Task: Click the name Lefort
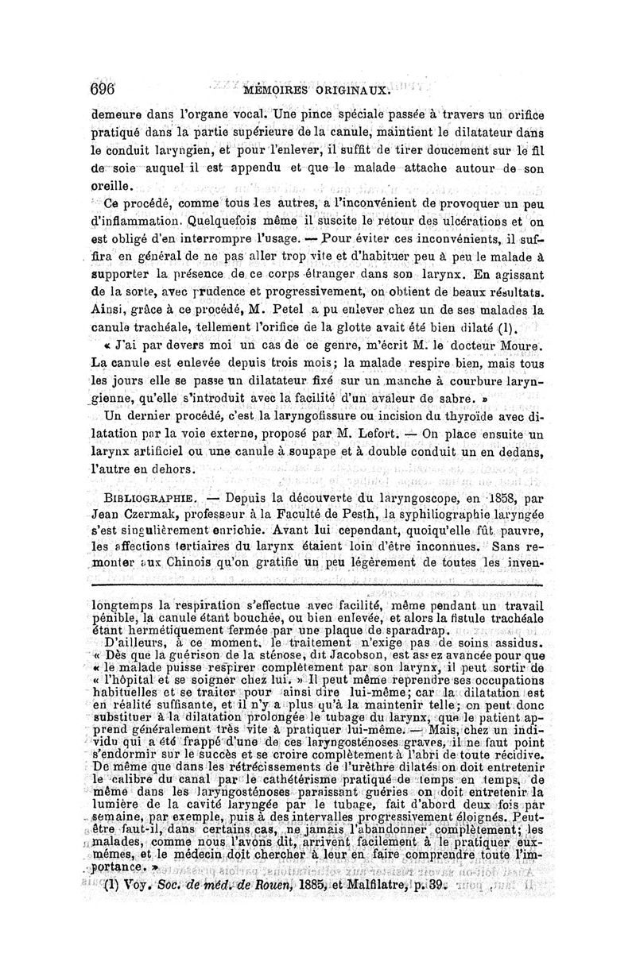[380, 435]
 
